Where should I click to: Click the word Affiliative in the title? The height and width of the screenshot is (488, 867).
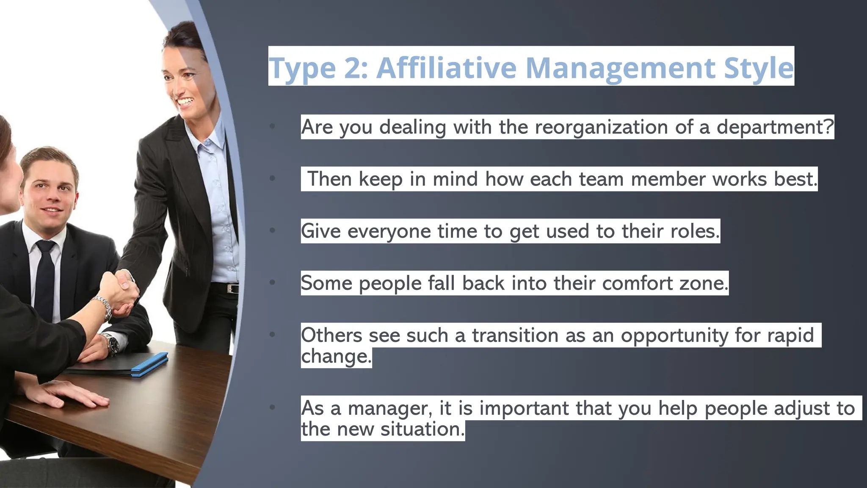pyautogui.click(x=446, y=68)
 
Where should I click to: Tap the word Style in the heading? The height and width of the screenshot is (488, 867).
pyautogui.click(x=758, y=68)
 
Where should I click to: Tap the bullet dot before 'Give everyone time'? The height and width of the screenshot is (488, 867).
pyautogui.click(x=272, y=230)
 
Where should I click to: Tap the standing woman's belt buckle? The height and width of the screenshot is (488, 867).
pyautogui.click(x=230, y=289)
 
